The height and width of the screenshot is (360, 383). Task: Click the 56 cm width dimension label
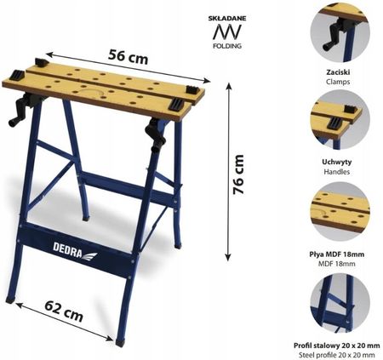tap(128, 57)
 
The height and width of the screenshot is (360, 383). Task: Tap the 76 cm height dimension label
tap(238, 174)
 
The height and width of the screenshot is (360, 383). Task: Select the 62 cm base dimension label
tap(64, 311)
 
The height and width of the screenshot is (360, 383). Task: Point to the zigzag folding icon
tap(227, 31)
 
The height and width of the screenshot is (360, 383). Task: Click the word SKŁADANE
tap(227, 19)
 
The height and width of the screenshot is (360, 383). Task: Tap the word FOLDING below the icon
tap(227, 46)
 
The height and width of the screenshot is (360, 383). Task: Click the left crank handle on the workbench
tap(21, 111)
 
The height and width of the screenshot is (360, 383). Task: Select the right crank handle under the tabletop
tap(156, 134)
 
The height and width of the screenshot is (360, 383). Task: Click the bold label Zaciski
tap(338, 72)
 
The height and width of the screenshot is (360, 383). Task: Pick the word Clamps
tap(338, 82)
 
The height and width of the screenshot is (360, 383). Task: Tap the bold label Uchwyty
tap(337, 162)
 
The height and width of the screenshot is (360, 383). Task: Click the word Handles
tap(337, 172)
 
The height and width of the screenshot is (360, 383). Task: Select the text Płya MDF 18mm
tap(337, 254)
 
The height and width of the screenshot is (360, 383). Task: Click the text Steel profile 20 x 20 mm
tap(337, 355)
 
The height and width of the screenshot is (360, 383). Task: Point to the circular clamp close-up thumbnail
tap(340, 33)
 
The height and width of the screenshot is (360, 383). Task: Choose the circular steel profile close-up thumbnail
tap(340, 303)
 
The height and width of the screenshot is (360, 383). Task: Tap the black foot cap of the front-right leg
tap(120, 342)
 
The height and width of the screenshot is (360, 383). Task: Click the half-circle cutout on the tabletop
tap(91, 91)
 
